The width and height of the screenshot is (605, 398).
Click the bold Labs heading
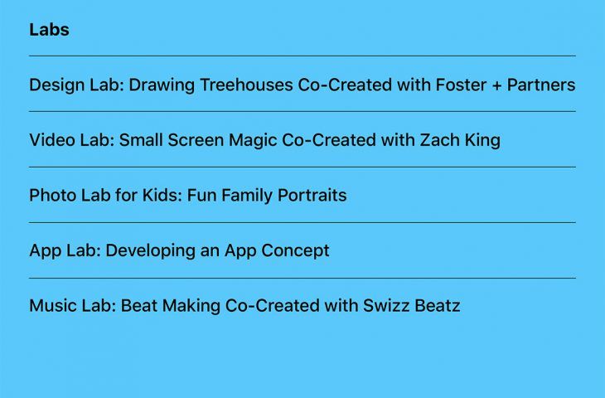coord(49,30)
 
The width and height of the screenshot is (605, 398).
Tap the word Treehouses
coord(246,85)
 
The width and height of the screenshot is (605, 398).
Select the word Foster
coord(461,85)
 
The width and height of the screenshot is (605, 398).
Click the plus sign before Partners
coord(496,85)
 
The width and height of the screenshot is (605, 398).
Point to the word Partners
coord(541,85)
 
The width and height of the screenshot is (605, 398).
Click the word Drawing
coord(162,85)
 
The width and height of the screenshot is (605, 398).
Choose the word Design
coord(57,85)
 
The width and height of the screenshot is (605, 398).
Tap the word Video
coord(52,140)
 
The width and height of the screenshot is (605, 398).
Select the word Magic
coord(253,141)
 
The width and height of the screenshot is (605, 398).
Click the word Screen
coord(196,140)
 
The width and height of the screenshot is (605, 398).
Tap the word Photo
coord(53,196)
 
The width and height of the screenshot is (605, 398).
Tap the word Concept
coord(295,251)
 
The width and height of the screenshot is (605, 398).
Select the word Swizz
coord(386,306)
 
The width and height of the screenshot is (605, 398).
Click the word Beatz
coord(438,306)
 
